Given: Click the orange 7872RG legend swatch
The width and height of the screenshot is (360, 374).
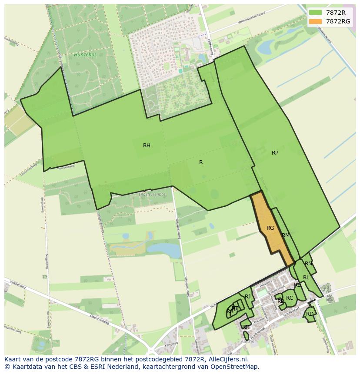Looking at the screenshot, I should click(316, 21).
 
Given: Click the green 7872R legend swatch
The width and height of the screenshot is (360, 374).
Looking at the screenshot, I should click(316, 13).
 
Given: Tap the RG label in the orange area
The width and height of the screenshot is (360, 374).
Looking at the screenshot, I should click(270, 228).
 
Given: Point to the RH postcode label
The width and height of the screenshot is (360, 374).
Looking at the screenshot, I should click(147, 146).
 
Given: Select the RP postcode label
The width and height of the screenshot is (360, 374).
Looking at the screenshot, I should click(275, 153).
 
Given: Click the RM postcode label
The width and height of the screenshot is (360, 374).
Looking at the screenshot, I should click(286, 235).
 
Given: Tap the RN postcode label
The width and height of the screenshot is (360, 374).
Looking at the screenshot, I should click(308, 264).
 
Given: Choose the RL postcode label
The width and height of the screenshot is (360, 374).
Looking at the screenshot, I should click(306, 278).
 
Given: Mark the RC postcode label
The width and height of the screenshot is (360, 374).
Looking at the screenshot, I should click(290, 298).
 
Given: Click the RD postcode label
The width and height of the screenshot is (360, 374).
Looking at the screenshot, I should click(310, 314).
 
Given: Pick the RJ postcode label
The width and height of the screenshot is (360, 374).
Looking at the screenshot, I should click(248, 297).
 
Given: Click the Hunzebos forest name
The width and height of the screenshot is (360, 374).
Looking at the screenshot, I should click(82, 55).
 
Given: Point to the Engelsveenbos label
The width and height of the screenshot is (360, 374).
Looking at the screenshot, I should click(152, 194).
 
